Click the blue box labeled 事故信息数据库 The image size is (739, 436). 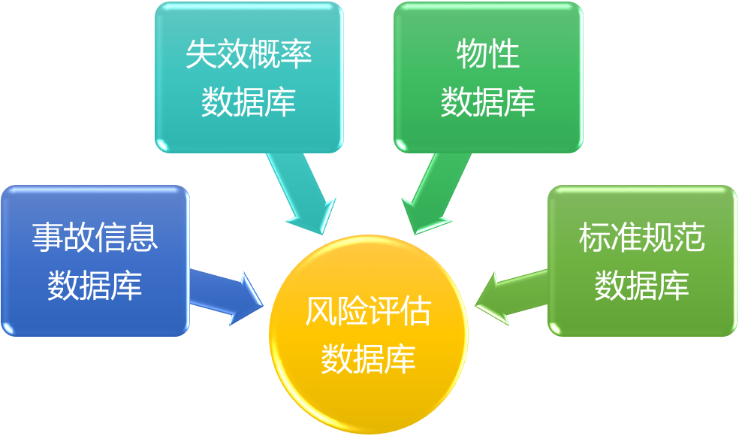[95, 260]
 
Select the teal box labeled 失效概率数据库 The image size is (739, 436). [249, 76]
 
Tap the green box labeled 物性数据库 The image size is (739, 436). [487, 76]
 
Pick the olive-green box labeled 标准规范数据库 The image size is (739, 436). [641, 260]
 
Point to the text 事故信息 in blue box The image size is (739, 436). [95, 237]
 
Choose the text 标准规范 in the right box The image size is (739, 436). [641, 237]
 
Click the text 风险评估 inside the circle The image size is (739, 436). [368, 311]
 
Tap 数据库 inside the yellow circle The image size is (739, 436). [368, 358]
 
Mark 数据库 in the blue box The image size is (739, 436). [95, 285]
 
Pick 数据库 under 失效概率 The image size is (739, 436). [249, 101]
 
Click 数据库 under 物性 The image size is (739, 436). [487, 101]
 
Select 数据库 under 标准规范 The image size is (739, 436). [641, 285]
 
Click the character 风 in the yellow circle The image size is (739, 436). [321, 311]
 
